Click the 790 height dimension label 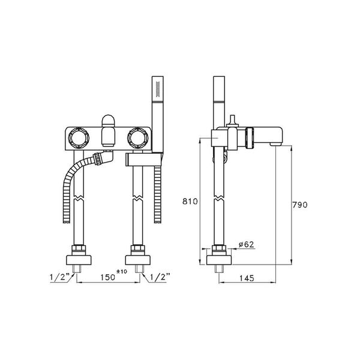[300, 205]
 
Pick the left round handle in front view [78, 139]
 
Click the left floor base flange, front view [78, 260]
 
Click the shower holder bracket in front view [143, 160]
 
